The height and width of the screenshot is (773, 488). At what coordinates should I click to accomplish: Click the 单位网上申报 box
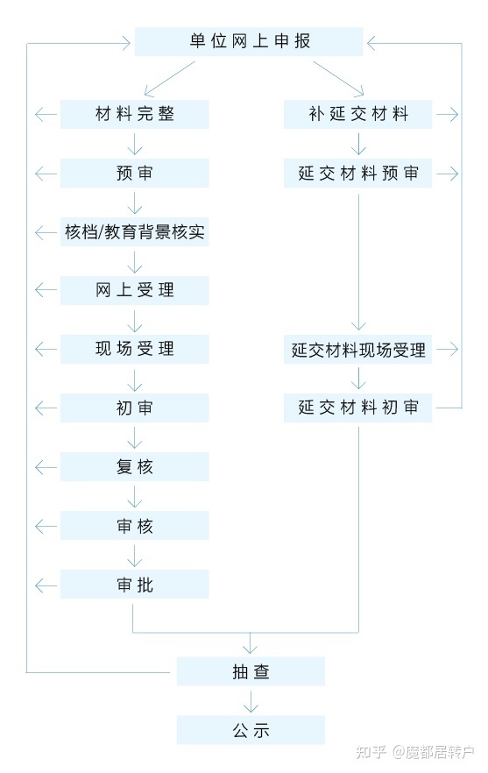point(249,41)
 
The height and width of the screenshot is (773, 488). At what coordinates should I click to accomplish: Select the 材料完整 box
point(135,114)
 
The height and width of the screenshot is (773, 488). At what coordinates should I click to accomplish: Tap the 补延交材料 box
point(357,114)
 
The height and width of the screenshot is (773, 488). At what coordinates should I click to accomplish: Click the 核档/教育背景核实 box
point(135,231)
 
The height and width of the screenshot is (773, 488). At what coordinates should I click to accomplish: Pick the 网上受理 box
point(135,290)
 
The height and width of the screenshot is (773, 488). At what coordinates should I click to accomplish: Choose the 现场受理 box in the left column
point(135,349)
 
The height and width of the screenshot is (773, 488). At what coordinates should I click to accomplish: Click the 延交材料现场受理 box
point(357,350)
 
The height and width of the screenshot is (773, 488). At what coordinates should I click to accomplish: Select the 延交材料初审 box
point(357,408)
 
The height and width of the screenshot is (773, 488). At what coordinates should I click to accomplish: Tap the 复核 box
point(135,467)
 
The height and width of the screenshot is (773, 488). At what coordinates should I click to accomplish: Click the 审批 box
point(135,585)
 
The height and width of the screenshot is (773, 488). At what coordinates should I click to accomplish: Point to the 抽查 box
point(251,671)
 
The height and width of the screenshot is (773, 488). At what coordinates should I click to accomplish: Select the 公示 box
point(251,729)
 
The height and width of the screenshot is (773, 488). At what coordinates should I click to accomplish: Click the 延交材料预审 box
point(357,173)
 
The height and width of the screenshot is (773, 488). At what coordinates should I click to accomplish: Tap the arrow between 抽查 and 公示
point(251,701)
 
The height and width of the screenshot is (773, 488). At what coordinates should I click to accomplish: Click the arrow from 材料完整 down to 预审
point(135,144)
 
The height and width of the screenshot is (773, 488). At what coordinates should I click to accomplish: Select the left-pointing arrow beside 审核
point(46,527)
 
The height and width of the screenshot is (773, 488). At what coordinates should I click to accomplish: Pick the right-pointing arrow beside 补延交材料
point(448,114)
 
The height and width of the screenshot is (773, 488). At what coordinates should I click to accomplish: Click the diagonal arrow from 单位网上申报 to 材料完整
point(170,78)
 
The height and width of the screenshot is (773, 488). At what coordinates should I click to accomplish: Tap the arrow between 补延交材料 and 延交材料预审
point(358,144)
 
